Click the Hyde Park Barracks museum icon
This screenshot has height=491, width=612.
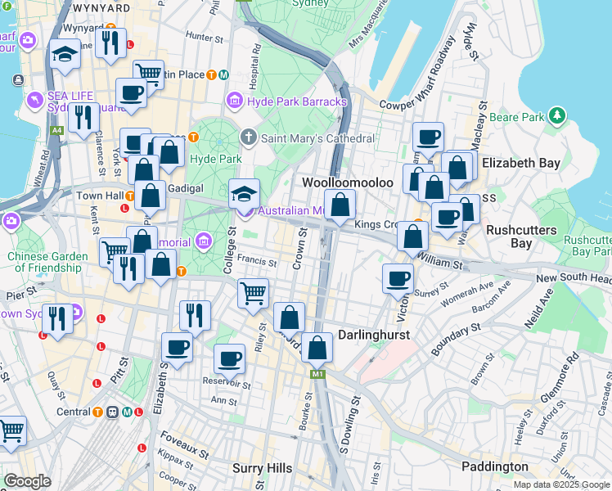235,101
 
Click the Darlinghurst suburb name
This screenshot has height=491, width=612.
374,336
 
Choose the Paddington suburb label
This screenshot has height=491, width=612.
495,466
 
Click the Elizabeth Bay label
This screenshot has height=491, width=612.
521,163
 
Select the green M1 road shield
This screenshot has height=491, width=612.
317,374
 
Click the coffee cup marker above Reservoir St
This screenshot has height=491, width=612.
229,358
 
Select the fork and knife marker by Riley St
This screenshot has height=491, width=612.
195,315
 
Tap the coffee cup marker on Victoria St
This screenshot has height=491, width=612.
398,278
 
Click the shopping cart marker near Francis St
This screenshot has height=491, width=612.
253,292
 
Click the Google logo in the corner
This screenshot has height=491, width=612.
27,481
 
